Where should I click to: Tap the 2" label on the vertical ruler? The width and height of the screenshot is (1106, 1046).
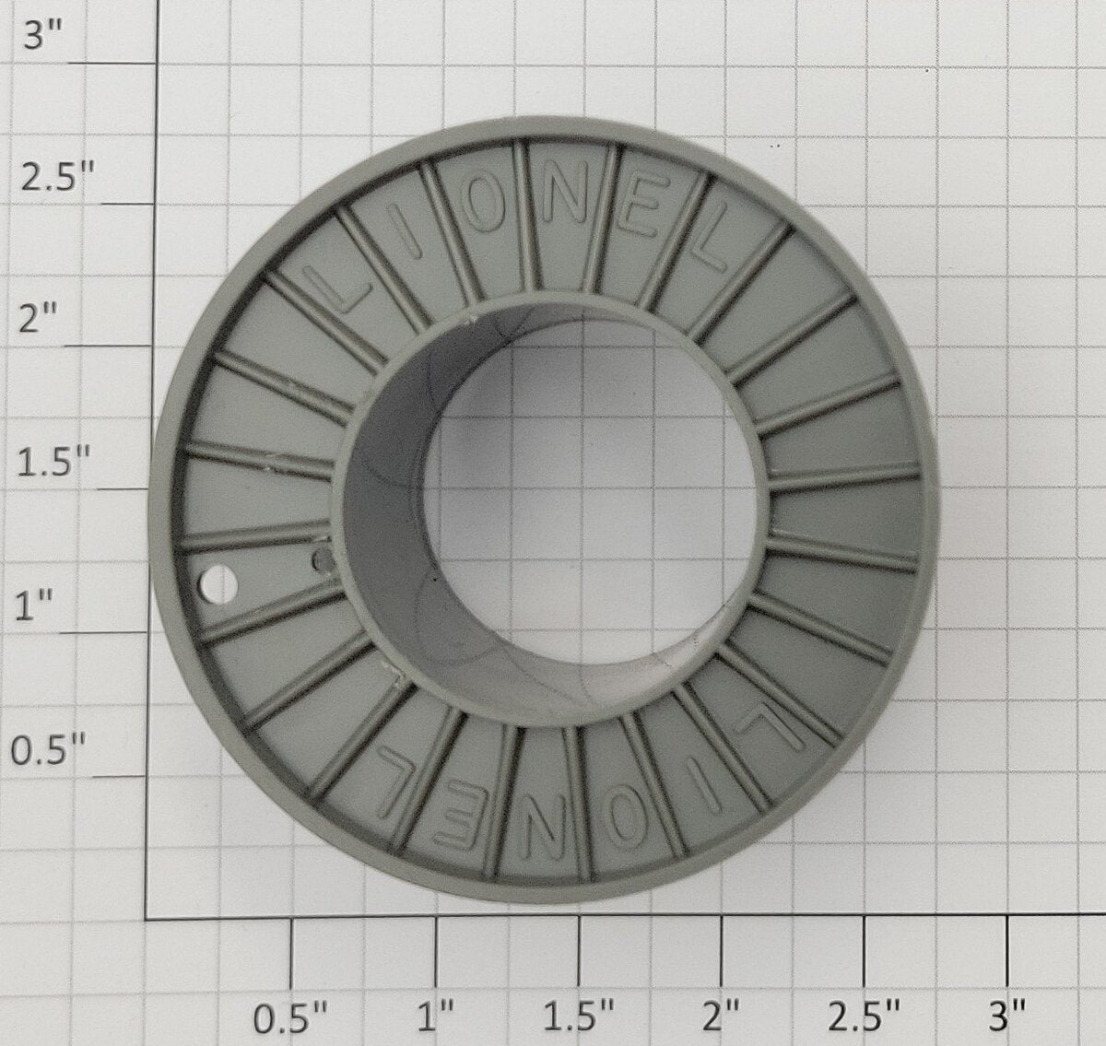(x=38, y=319)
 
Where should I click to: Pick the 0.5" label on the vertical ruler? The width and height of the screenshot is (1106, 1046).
(x=48, y=750)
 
